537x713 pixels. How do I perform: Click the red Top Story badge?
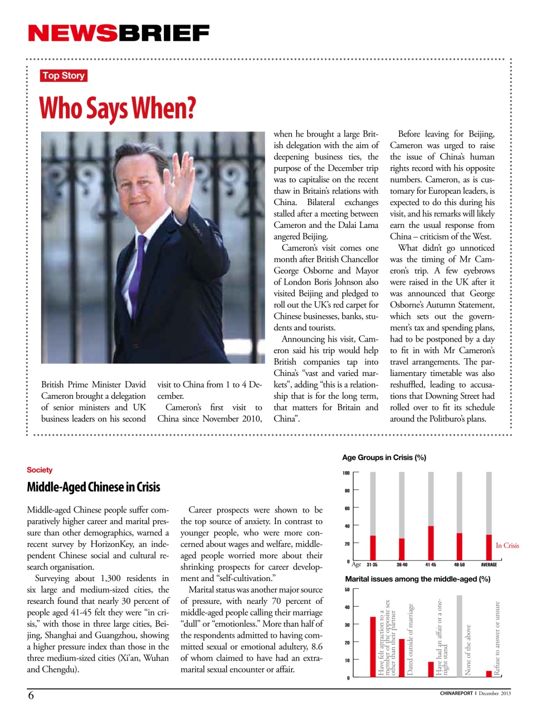tap(64, 76)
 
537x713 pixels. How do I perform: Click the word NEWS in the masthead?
tap(72, 33)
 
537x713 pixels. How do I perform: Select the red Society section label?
tap(40, 470)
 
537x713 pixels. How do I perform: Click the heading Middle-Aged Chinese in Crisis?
tap(94, 487)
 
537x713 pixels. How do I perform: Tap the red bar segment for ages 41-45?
tap(431, 543)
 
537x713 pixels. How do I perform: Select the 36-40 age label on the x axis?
tap(402, 565)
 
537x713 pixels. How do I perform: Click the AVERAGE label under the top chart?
tap(489, 565)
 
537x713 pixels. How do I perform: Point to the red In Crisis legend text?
tap(507, 546)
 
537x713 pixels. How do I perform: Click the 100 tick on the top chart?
tap(346, 473)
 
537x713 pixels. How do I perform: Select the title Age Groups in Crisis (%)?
tap(384, 458)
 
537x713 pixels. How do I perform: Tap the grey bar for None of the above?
tap(460, 635)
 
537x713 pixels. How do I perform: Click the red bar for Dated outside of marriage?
tap(402, 657)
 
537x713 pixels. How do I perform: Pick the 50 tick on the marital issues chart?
tap(347, 589)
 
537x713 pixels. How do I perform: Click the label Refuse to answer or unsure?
tap(497, 638)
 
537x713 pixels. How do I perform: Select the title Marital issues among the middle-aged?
tap(417, 579)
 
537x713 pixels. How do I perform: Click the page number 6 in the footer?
tap(31, 695)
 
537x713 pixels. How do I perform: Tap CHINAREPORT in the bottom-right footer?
tap(456, 694)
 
